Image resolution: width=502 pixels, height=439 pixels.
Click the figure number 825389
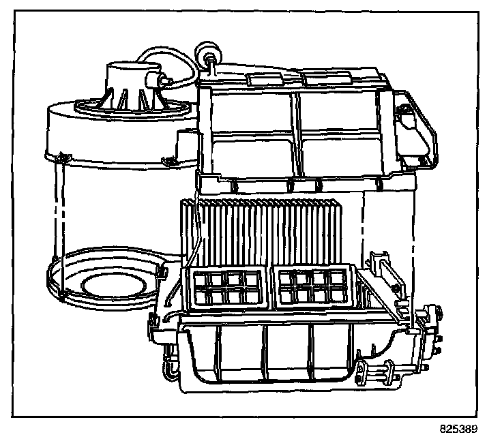tap(459, 429)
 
